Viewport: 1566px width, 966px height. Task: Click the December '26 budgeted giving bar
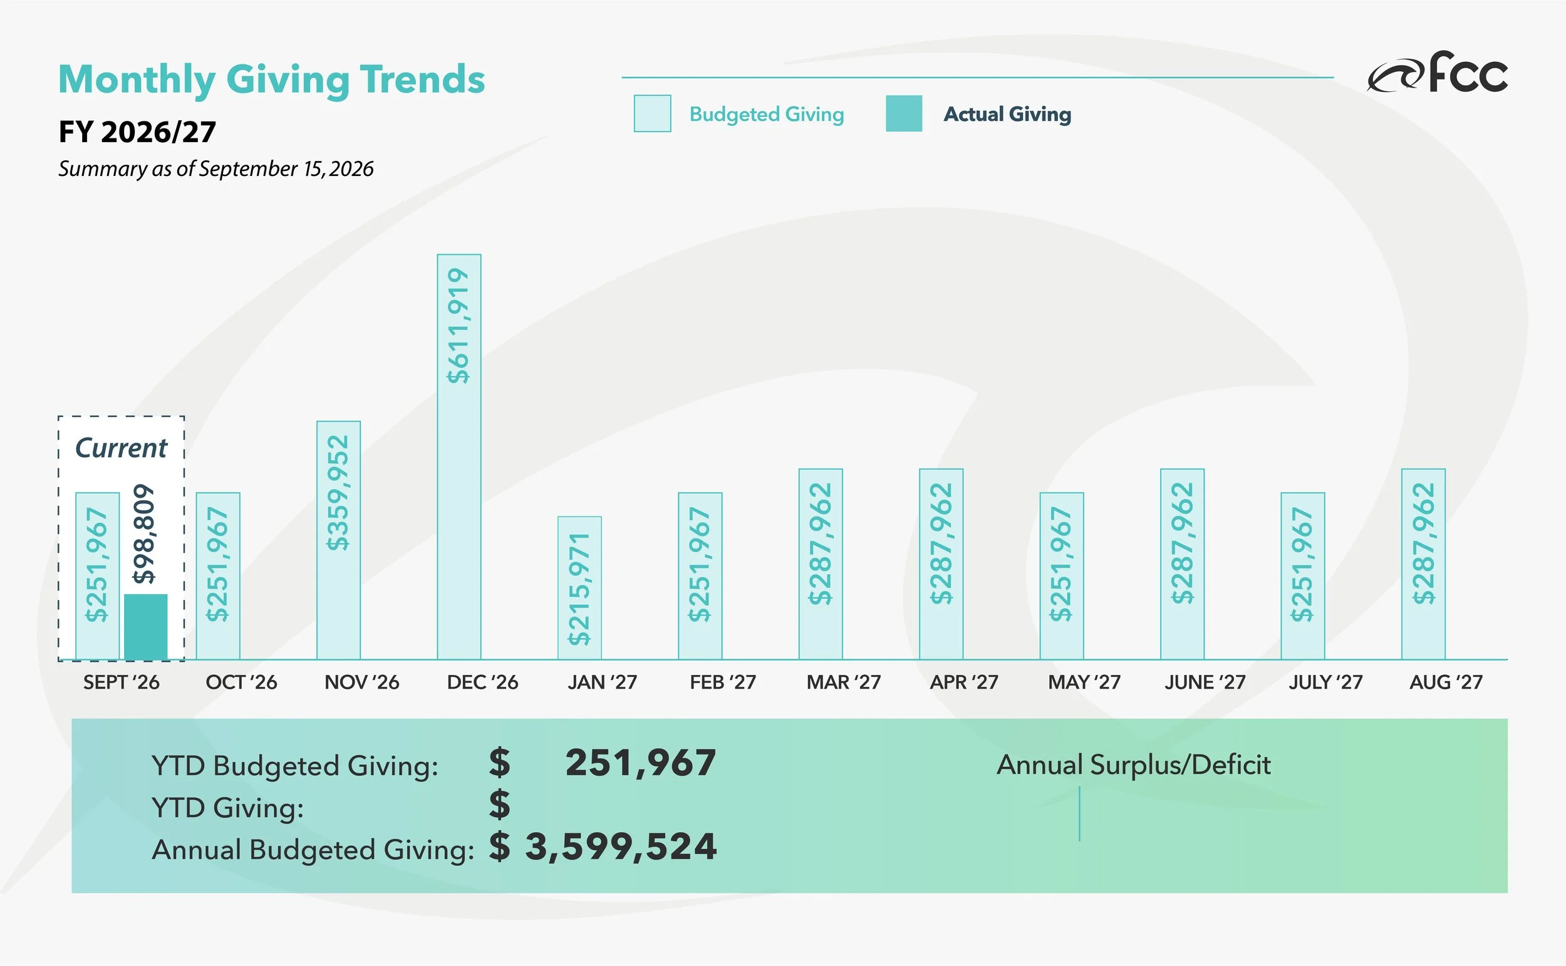click(x=459, y=457)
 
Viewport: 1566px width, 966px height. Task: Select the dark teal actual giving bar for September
click(x=146, y=627)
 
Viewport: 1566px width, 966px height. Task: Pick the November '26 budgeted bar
click(x=339, y=540)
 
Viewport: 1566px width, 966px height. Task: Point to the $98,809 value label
click(x=145, y=533)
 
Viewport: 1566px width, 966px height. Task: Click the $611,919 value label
click(x=459, y=325)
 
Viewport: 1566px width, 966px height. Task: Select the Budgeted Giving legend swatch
click(x=652, y=114)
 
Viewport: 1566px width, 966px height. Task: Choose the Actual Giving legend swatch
click(x=904, y=114)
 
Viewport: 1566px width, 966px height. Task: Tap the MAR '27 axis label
click(x=844, y=682)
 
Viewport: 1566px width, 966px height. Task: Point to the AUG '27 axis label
click(x=1446, y=682)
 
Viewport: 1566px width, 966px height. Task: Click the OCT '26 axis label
click(x=242, y=682)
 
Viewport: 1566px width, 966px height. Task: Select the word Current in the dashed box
click(x=122, y=448)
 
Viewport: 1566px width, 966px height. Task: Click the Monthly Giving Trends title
click(x=272, y=80)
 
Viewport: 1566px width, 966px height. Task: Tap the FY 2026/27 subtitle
click(x=137, y=132)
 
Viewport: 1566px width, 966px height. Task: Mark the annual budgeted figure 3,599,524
click(x=621, y=846)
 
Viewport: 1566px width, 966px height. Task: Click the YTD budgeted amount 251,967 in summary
click(x=640, y=762)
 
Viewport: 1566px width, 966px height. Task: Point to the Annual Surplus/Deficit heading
click(x=1133, y=765)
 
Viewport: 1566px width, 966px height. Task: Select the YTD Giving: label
click(x=227, y=808)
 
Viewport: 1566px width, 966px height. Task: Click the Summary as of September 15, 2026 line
click(x=216, y=168)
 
